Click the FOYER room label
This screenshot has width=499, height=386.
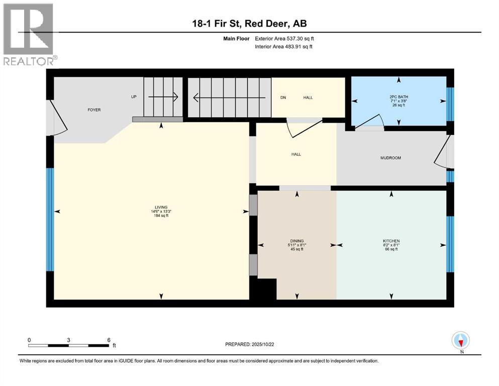(x=94, y=110)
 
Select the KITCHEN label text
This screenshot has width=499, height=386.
(x=391, y=241)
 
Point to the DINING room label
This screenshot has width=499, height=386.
(x=296, y=241)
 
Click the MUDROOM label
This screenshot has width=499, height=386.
(x=390, y=158)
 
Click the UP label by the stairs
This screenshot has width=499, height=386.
(x=134, y=96)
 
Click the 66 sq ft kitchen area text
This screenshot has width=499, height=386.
(x=391, y=249)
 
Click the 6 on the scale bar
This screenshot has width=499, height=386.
(x=109, y=340)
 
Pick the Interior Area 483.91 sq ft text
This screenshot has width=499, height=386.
(x=284, y=47)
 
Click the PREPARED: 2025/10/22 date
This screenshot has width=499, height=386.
(x=249, y=344)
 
